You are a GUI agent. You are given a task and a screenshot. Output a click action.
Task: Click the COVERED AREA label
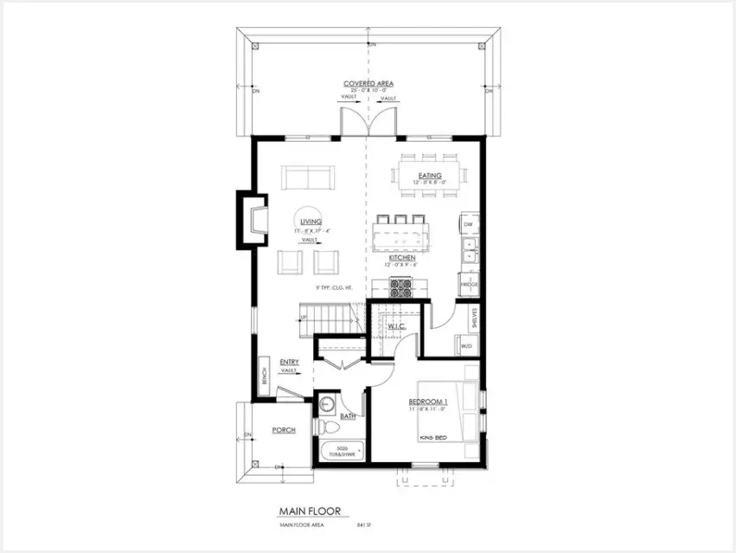[368, 84]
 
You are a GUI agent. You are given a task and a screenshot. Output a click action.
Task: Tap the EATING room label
[430, 176]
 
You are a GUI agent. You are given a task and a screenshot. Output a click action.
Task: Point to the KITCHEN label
[402, 258]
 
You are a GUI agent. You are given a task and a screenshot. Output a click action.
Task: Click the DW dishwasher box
[468, 224]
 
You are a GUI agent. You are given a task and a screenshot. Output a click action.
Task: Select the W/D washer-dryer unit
[467, 345]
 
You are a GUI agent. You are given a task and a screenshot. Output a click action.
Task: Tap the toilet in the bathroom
[329, 428]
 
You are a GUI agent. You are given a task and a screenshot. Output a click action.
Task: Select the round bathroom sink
[329, 404]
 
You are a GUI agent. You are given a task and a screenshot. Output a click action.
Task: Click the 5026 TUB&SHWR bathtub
[343, 451]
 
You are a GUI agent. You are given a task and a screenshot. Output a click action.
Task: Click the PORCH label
[284, 429]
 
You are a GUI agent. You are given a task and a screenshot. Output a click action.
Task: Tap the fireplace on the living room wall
[253, 220]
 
